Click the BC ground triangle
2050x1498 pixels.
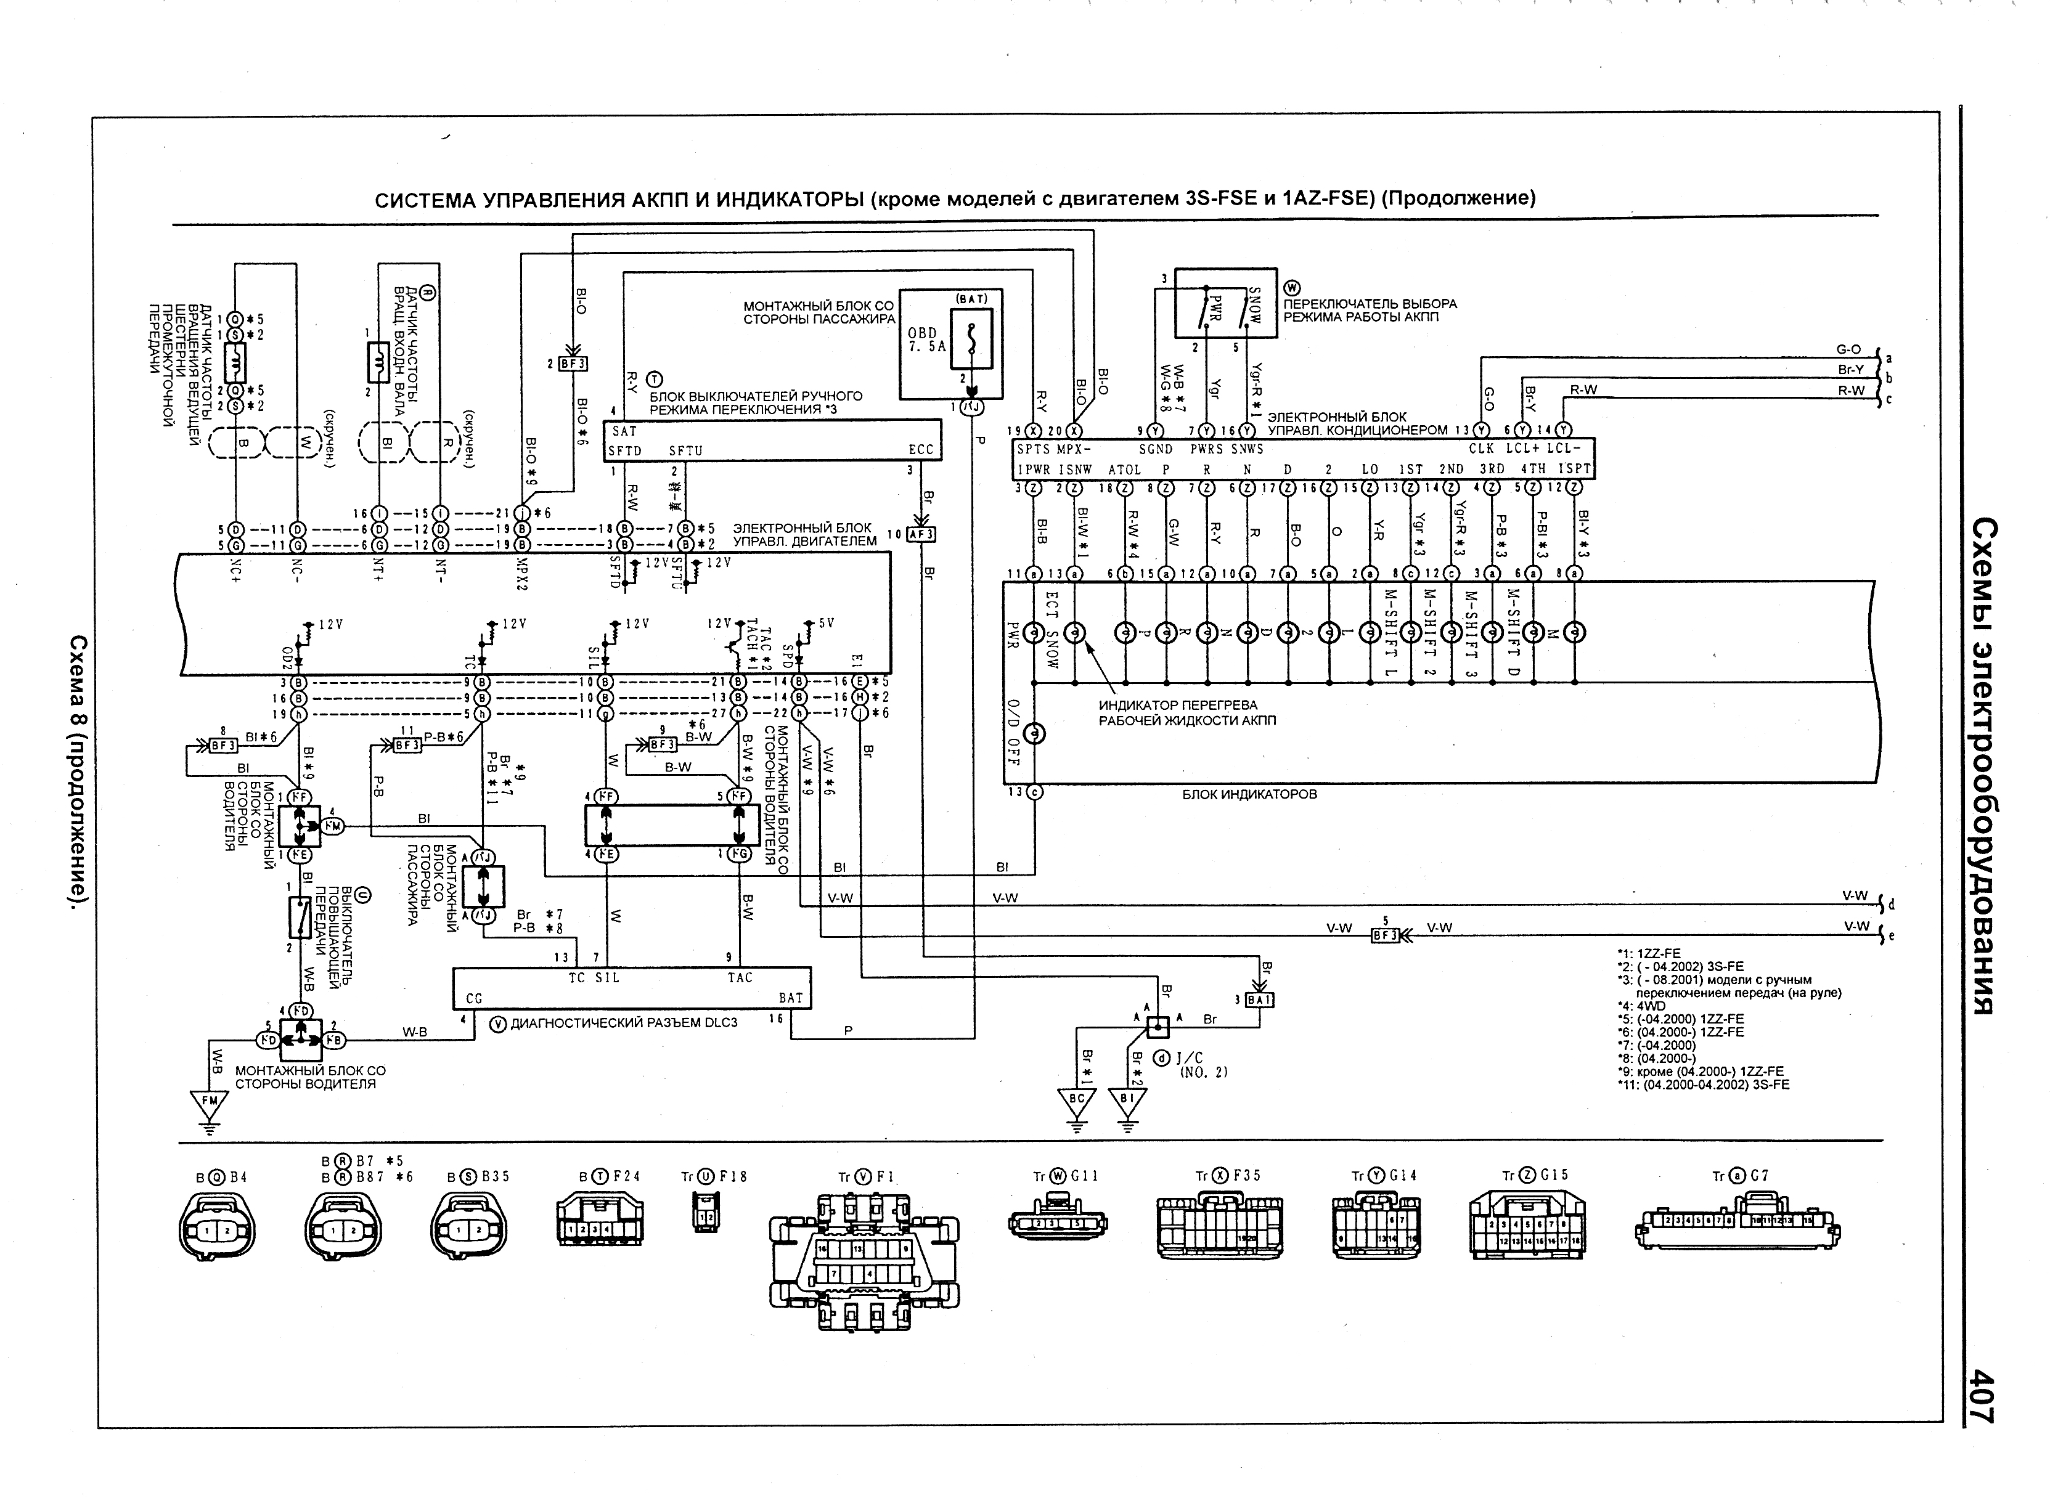click(x=1077, y=1101)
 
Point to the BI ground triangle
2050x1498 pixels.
click(x=1127, y=1101)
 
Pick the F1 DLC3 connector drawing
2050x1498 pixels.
click(x=864, y=1260)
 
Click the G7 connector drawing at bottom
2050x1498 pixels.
click(x=1736, y=1229)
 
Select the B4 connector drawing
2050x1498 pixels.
click(x=217, y=1229)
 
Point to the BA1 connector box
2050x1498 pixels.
click(x=1260, y=1000)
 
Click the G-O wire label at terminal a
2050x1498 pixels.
click(x=1848, y=349)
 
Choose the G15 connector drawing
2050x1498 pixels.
click(x=1529, y=1226)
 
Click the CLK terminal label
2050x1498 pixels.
click(x=1481, y=449)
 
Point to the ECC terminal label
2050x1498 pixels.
click(x=921, y=450)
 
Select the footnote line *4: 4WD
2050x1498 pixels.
click(x=1635, y=1006)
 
